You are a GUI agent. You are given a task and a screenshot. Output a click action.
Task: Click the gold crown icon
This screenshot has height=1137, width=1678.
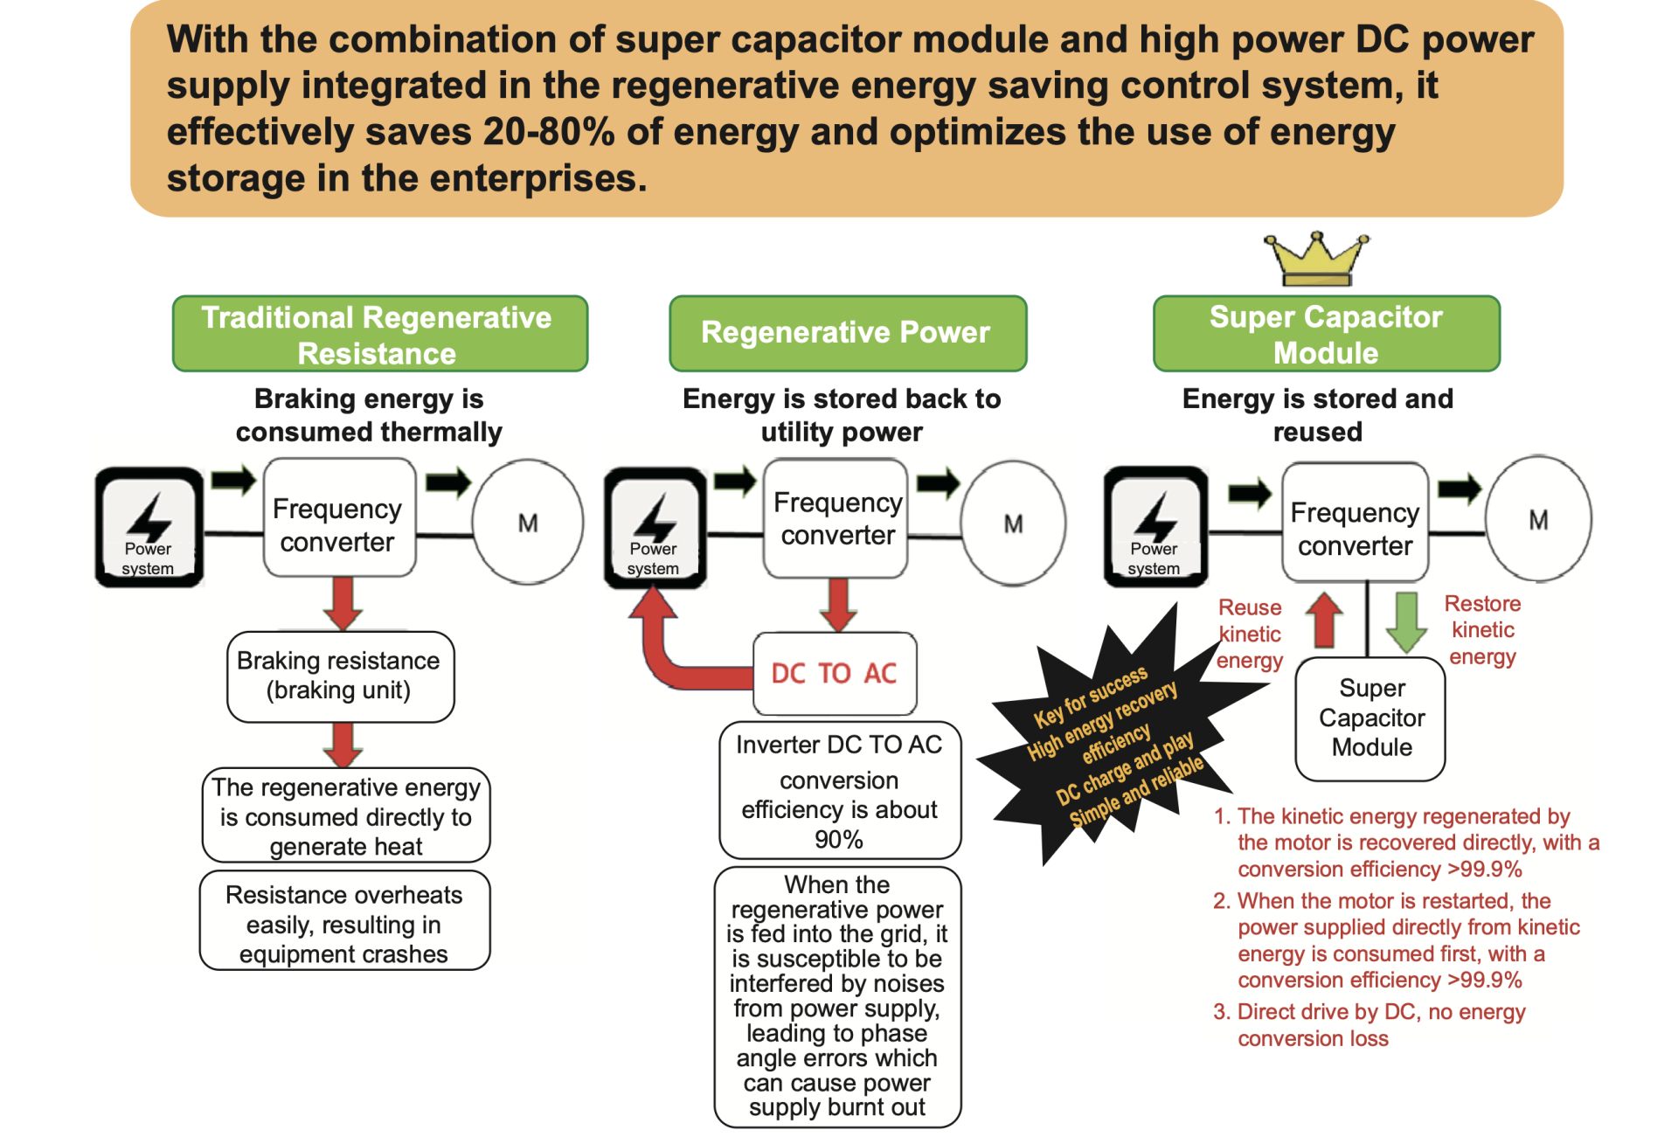(1316, 260)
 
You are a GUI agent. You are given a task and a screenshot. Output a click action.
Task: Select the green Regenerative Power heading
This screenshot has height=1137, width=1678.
(847, 333)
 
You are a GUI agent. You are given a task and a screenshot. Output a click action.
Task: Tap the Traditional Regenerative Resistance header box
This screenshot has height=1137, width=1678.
(379, 334)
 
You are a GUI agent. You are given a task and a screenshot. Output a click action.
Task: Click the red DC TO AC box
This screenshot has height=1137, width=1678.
(835, 673)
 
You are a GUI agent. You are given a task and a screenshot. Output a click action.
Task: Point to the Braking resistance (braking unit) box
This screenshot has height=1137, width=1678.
(339, 676)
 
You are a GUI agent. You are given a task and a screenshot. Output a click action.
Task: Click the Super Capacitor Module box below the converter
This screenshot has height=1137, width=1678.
(1370, 718)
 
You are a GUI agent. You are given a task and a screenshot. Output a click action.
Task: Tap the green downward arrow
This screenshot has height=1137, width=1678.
(1406, 621)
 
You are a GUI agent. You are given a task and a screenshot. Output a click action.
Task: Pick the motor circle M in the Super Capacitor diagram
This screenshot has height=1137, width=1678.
(1538, 519)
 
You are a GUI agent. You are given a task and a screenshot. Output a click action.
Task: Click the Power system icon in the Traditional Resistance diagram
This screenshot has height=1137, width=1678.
(149, 527)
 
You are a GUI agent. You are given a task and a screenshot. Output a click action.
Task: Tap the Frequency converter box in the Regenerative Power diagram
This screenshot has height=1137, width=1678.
(836, 519)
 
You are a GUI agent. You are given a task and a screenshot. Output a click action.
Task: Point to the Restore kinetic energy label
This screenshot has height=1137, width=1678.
(1482, 630)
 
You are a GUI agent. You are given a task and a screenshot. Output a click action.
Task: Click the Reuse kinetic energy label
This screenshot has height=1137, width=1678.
(1250, 634)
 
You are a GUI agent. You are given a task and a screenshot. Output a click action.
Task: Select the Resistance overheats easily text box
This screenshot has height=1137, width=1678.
(344, 923)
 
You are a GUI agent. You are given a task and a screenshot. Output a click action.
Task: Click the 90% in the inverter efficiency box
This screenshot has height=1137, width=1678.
(838, 840)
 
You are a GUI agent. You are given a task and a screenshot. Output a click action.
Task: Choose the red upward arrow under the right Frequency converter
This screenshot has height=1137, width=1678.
(1325, 620)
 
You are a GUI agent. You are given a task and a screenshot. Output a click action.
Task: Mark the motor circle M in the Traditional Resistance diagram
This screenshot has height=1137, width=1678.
(528, 522)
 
